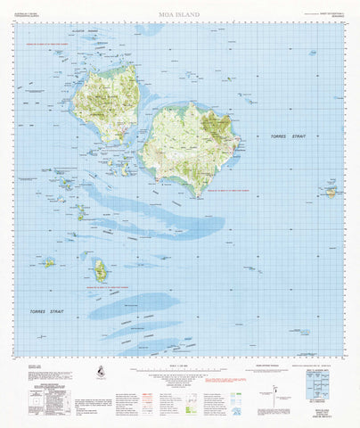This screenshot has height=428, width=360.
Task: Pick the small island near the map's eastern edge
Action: click(331, 191)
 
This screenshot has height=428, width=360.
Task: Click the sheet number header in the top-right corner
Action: click(328, 12)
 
